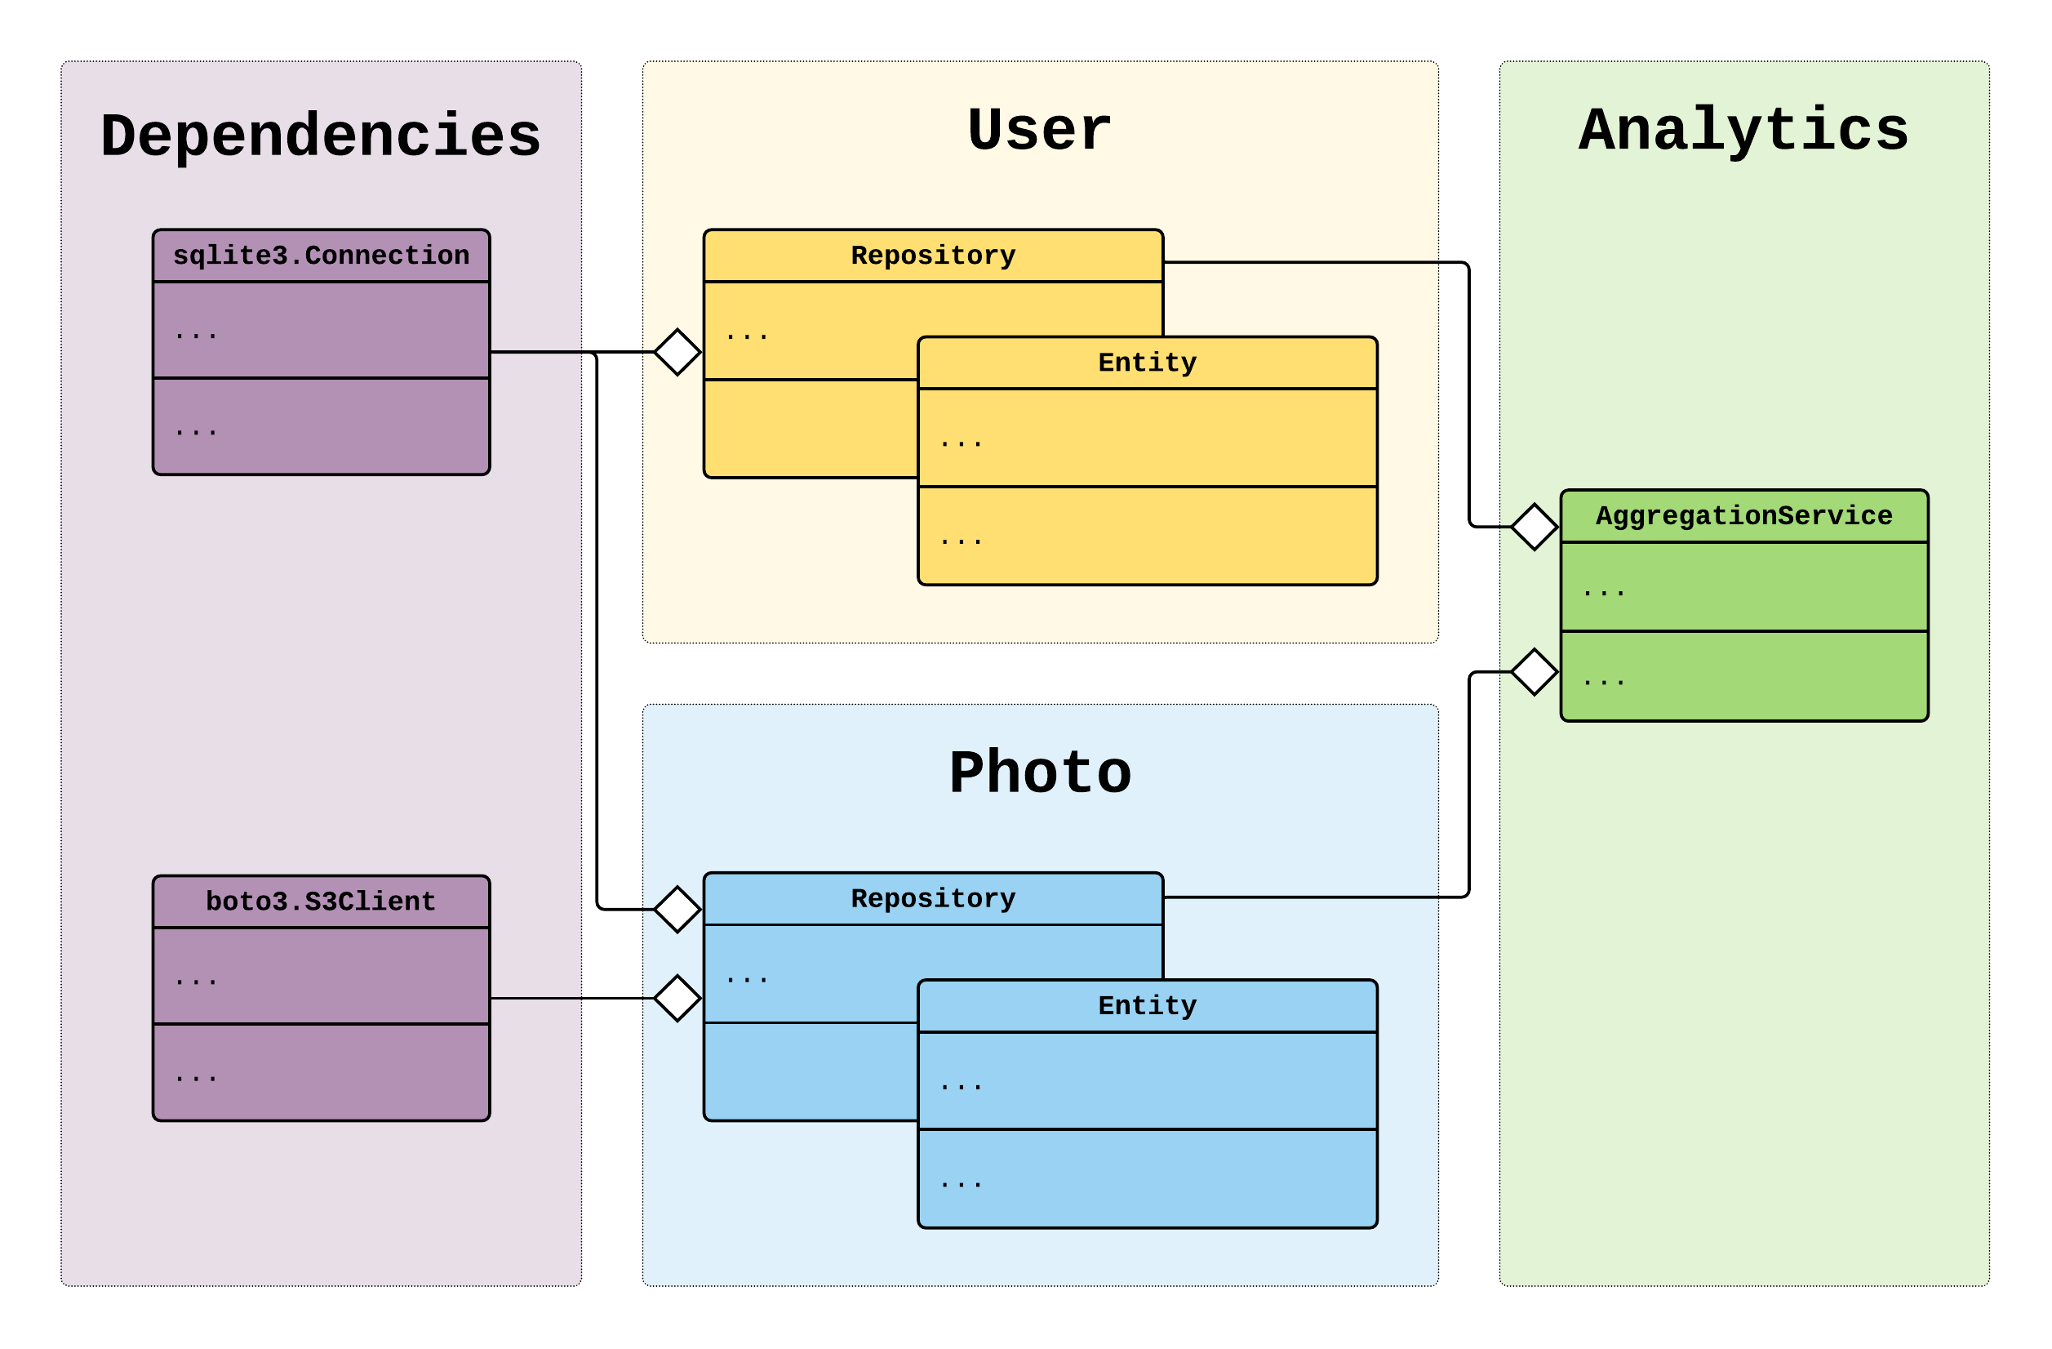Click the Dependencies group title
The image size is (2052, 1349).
(321, 136)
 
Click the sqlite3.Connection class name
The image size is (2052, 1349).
(321, 256)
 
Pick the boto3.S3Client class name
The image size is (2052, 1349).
(321, 902)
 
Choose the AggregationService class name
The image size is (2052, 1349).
(1743, 516)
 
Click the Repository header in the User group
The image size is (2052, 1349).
(933, 256)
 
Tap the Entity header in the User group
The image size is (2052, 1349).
(1147, 363)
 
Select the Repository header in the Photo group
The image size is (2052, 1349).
(933, 898)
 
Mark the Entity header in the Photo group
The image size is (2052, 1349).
(1147, 1005)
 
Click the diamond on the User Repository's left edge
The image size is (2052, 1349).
(677, 352)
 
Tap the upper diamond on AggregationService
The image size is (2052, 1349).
(1534, 526)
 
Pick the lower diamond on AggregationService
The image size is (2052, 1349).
(1534, 672)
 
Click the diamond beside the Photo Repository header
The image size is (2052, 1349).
(677, 909)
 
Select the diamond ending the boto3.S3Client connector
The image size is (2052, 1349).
(677, 998)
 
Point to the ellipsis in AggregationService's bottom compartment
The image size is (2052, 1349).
(1604, 681)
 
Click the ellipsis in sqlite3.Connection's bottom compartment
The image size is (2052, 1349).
(196, 430)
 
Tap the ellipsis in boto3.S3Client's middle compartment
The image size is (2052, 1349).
(196, 981)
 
